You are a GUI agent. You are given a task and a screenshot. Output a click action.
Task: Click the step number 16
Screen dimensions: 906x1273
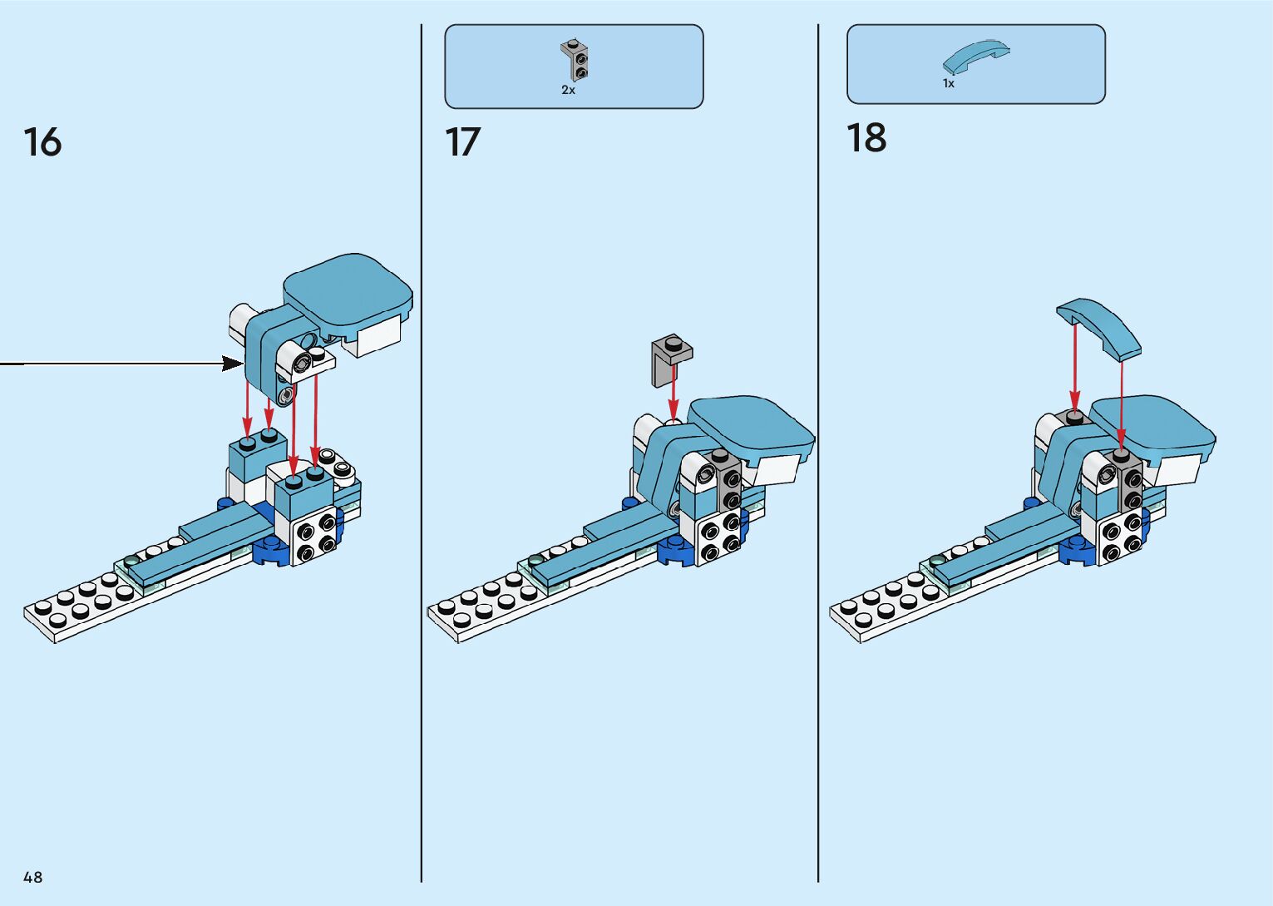(x=42, y=142)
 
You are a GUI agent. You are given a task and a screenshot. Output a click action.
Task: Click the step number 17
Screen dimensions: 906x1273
(x=462, y=142)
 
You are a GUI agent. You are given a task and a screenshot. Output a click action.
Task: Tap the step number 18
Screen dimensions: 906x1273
(x=866, y=138)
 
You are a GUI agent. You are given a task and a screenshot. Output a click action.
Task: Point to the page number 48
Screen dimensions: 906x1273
(x=33, y=877)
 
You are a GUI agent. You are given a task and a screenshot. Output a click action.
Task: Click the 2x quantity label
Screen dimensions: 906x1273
(x=568, y=90)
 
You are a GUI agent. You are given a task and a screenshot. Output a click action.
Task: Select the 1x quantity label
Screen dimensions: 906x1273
(x=949, y=84)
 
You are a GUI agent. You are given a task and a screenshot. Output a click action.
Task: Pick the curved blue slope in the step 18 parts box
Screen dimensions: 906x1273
(x=975, y=57)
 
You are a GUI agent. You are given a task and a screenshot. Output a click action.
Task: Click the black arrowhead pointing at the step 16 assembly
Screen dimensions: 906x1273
(x=233, y=364)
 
